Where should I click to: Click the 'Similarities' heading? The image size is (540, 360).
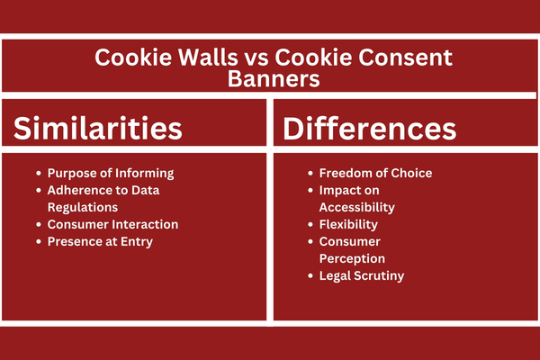(x=98, y=128)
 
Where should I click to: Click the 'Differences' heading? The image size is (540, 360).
(x=370, y=129)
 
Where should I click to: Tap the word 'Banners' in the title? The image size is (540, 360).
(x=274, y=79)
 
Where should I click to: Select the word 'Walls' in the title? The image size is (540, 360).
(x=208, y=58)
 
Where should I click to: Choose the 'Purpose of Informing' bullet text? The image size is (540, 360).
(x=111, y=174)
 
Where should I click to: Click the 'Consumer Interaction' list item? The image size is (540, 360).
(x=113, y=224)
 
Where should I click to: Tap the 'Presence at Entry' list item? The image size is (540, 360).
(x=100, y=242)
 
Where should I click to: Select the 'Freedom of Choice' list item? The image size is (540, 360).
(x=375, y=173)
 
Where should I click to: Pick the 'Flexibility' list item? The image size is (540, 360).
(x=348, y=225)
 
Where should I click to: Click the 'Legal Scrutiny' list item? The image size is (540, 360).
(x=362, y=276)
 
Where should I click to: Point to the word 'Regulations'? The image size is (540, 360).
(x=83, y=207)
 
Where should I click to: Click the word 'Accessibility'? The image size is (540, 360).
(x=357, y=207)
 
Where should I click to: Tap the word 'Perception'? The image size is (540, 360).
(x=352, y=258)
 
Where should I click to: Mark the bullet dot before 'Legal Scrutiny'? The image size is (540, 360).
(x=310, y=276)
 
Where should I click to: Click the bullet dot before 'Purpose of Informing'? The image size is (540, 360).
(x=39, y=174)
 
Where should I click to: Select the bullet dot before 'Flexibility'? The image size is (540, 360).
(x=310, y=225)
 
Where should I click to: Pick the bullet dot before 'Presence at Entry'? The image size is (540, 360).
(x=39, y=242)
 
